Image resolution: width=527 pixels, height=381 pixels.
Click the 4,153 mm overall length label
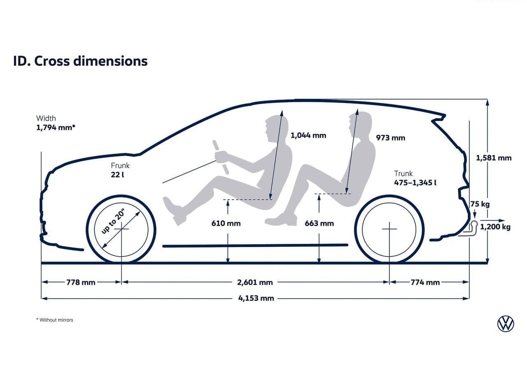[x=256, y=298]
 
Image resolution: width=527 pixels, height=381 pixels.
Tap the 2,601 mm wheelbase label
[x=255, y=282]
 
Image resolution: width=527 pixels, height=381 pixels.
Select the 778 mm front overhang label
[x=81, y=282]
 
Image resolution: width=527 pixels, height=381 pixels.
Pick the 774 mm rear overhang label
[x=425, y=282]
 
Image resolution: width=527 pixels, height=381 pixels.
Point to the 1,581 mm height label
[x=494, y=158]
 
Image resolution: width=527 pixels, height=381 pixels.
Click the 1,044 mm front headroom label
[x=308, y=136]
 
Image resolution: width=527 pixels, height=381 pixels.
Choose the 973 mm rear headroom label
[x=391, y=138]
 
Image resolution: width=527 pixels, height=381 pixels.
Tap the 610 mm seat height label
[x=226, y=223]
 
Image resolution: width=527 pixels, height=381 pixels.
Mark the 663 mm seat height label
[x=319, y=223]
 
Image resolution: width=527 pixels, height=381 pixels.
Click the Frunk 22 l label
[x=120, y=170]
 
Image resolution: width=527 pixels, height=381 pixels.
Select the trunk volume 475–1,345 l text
[x=415, y=182]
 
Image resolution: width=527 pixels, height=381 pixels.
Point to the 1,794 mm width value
[x=56, y=127]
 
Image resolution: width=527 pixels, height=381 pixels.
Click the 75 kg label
[x=480, y=204]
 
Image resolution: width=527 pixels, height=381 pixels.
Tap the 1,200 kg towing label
[x=495, y=227]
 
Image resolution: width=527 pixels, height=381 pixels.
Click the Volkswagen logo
[x=506, y=324]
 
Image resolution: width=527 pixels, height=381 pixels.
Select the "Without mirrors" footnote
[x=55, y=320]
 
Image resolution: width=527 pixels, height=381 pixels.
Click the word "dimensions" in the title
[x=110, y=61]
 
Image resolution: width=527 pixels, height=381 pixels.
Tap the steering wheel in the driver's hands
[x=220, y=157]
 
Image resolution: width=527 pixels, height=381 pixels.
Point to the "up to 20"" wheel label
[x=113, y=222]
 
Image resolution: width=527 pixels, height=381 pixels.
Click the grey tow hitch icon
[x=468, y=229]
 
